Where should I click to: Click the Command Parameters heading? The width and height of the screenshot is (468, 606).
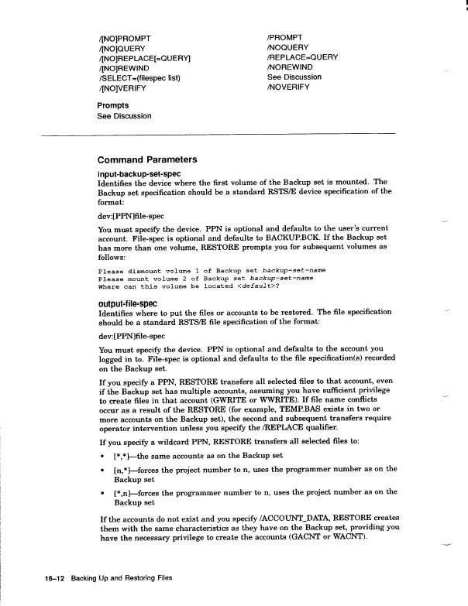point(147,159)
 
